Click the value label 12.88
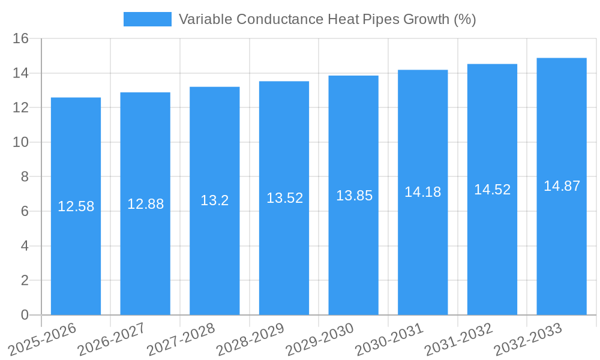pyautogui.click(x=145, y=204)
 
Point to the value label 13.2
pyautogui.click(x=214, y=200)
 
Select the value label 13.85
pyautogui.click(x=354, y=196)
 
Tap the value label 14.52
pyautogui.click(x=492, y=190)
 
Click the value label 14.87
pyautogui.click(x=562, y=186)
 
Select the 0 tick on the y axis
pyautogui.click(x=25, y=315)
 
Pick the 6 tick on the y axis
pyautogui.click(x=25, y=211)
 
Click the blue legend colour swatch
pyautogui.click(x=147, y=19)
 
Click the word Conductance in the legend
pyautogui.click(x=280, y=19)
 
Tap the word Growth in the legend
pyautogui.click(x=425, y=19)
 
